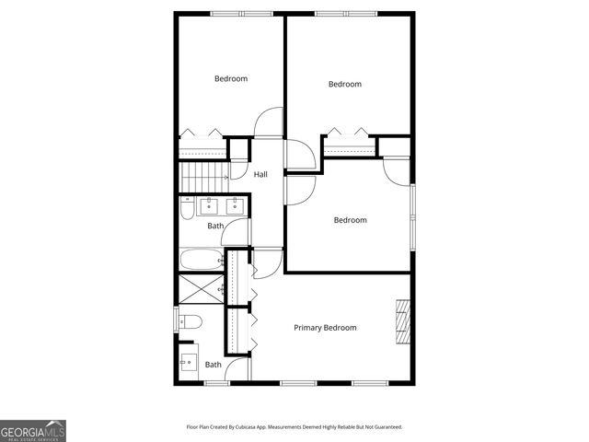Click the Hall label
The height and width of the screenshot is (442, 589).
(x=260, y=175)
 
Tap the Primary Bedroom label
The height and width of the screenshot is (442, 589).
(x=325, y=328)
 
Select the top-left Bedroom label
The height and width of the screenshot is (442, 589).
(x=231, y=79)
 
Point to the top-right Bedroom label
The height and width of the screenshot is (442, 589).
(x=345, y=85)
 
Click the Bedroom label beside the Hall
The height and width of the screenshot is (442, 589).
(x=350, y=220)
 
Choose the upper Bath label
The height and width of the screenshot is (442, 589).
(x=215, y=226)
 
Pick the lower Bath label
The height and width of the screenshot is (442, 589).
(x=213, y=365)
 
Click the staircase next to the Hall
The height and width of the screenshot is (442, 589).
(x=203, y=170)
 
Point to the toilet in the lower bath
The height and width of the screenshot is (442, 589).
(x=190, y=322)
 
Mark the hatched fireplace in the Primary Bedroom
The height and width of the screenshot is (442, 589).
(x=401, y=320)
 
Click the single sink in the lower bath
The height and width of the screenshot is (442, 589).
(x=188, y=361)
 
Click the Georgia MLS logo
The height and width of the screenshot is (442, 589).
(x=33, y=430)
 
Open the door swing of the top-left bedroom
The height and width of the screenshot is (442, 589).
(x=267, y=122)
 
